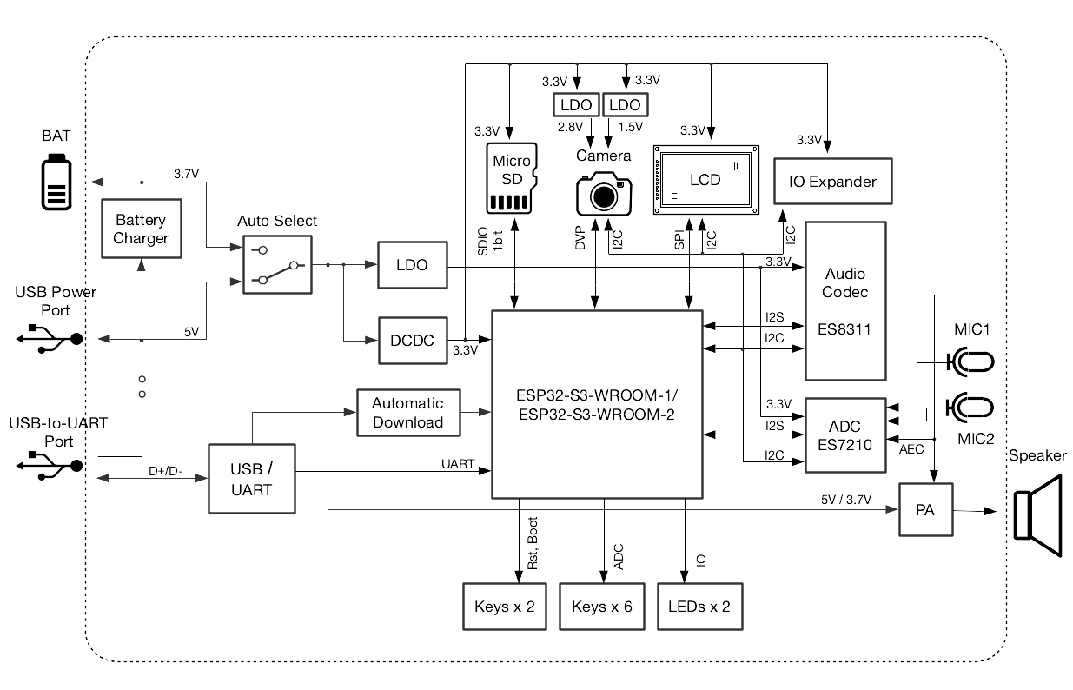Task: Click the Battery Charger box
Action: (141, 228)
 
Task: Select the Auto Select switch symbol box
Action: (277, 263)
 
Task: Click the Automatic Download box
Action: (407, 413)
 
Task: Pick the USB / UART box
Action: (252, 480)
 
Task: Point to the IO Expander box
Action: (832, 182)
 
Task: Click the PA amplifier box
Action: (925, 510)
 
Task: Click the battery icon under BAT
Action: (56, 182)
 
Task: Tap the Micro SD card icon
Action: (512, 178)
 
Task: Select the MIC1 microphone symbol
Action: (971, 361)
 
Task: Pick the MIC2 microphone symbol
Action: (971, 407)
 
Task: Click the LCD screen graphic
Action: (705, 180)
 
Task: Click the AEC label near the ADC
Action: (911, 450)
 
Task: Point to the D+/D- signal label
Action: (165, 471)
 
